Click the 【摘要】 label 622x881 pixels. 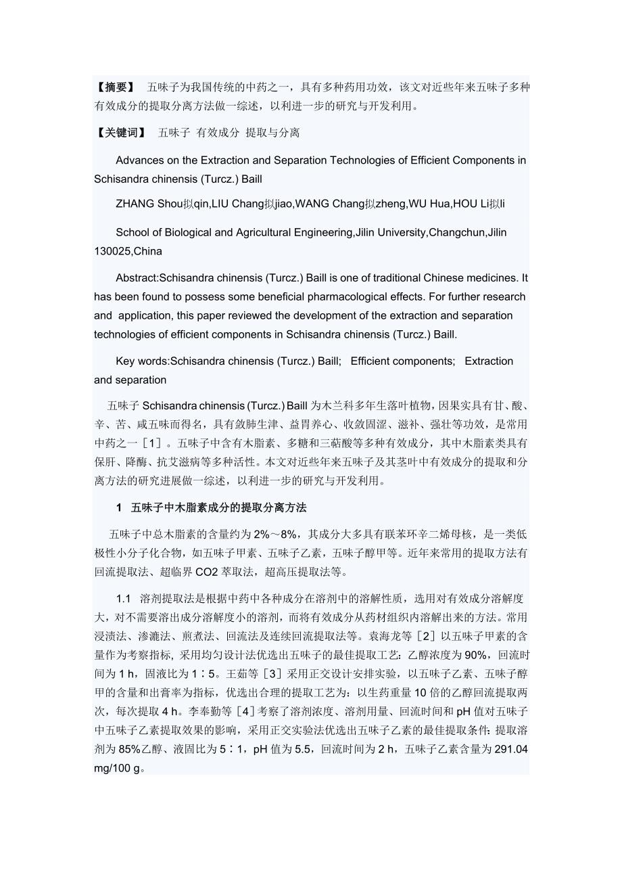click(115, 87)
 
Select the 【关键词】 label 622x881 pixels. click(120, 133)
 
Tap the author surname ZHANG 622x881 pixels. click(134, 204)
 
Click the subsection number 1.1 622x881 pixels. click(123, 599)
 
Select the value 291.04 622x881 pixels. click(511, 750)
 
